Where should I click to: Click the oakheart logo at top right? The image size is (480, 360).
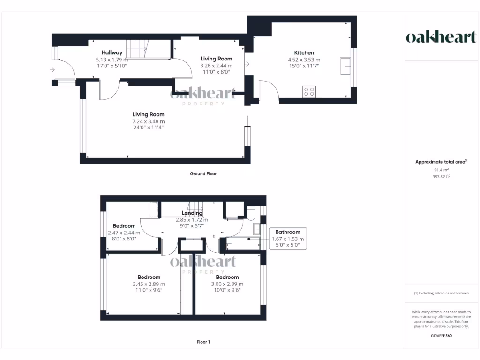tap(441, 37)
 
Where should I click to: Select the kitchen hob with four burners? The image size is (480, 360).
tap(309, 91)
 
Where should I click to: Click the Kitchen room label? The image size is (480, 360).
tap(304, 53)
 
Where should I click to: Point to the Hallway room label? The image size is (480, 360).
tap(112, 53)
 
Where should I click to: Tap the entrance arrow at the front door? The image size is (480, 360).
tap(52, 70)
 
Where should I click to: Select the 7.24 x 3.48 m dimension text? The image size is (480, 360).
tap(148, 121)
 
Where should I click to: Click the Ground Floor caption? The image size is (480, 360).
tap(203, 174)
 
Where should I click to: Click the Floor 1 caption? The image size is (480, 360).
tap(203, 342)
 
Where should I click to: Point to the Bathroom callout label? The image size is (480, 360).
tap(288, 232)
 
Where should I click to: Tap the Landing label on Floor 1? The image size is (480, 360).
tap(192, 213)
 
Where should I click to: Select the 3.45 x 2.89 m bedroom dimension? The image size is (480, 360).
tap(149, 284)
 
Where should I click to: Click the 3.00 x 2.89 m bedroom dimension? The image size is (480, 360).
tap(227, 284)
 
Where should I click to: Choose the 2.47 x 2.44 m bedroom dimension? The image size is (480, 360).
tap(124, 232)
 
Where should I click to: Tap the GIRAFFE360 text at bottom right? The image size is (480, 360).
tap(441, 336)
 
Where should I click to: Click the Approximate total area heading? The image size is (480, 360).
tap(441, 162)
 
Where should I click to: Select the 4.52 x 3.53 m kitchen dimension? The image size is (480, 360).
tap(304, 60)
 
